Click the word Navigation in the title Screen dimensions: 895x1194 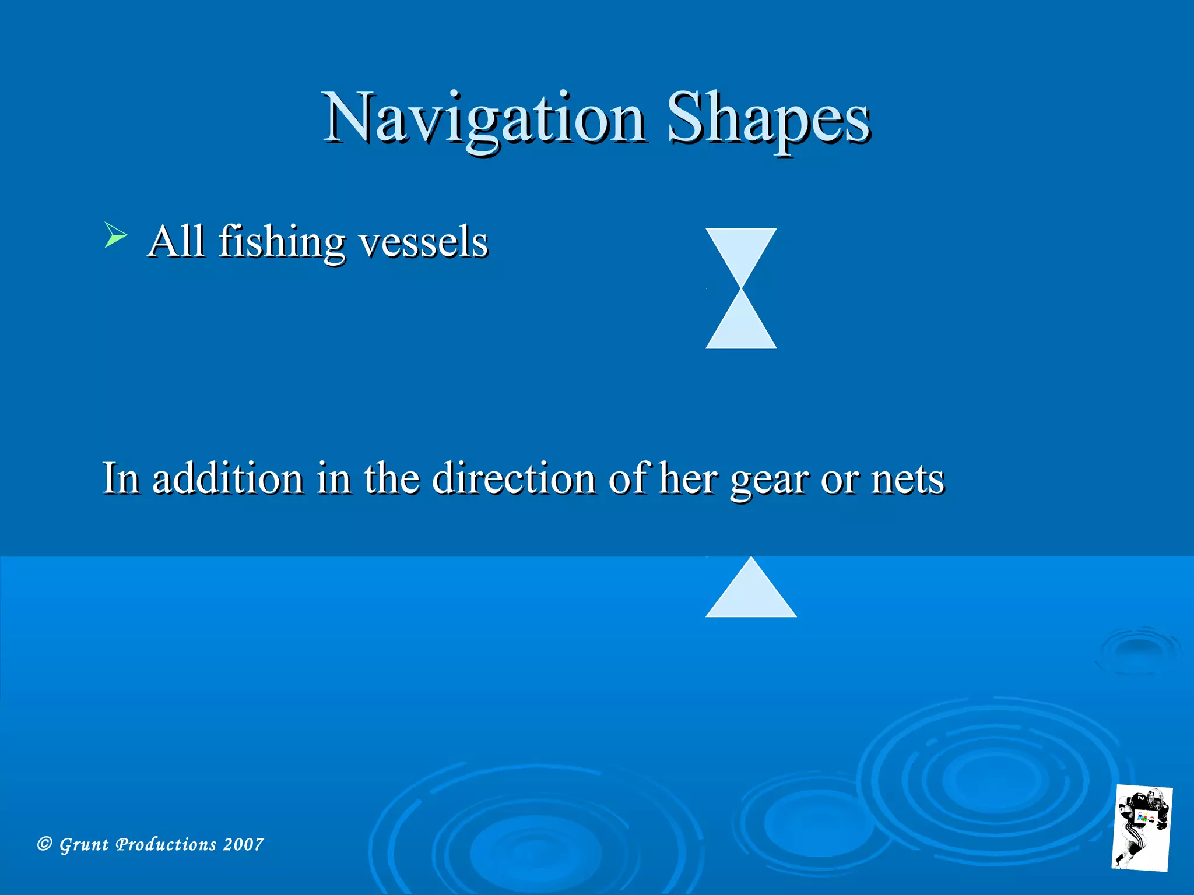pos(484,119)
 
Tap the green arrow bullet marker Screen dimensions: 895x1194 pos(115,235)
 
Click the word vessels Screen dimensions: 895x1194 pos(423,243)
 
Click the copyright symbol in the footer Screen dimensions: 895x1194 pos(44,844)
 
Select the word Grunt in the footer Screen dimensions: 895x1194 pos(84,845)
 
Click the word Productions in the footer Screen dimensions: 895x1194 pos(166,844)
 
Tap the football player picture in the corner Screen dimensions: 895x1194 pos(1142,827)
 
